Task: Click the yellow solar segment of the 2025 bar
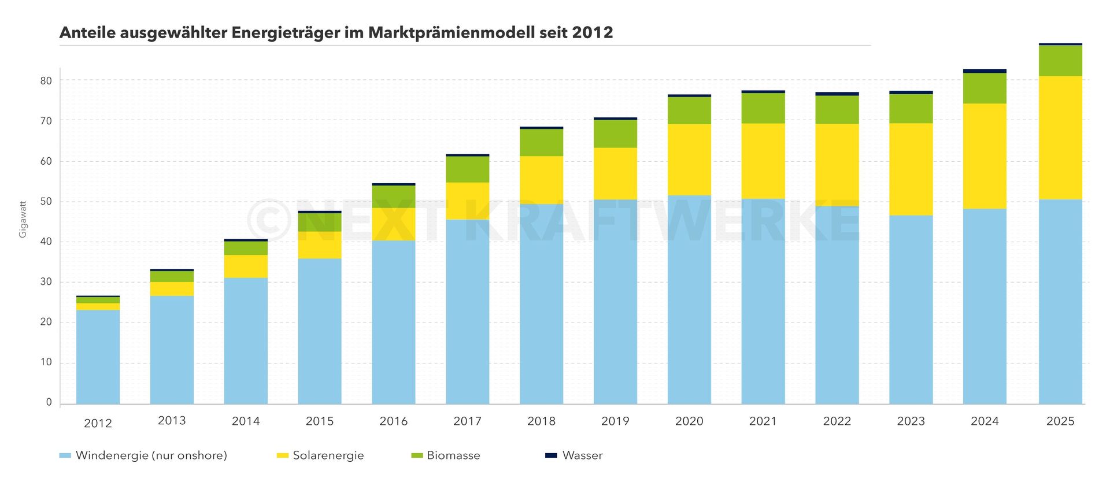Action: (1060, 138)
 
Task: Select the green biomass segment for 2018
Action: (541, 142)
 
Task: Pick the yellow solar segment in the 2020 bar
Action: (689, 160)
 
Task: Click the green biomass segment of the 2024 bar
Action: (985, 88)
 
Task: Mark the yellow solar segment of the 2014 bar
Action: (246, 266)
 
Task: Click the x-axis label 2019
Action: (615, 421)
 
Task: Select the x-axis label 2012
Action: (98, 423)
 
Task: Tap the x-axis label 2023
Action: (911, 421)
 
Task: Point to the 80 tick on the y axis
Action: (46, 81)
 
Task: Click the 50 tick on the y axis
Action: (46, 202)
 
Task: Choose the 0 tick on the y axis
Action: (49, 402)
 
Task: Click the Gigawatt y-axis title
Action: (23, 219)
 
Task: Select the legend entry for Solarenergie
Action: (328, 455)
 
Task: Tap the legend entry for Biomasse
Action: (453, 455)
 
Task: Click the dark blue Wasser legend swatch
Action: (551, 455)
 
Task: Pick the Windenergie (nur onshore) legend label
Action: (151, 455)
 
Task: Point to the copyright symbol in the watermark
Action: (269, 220)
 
